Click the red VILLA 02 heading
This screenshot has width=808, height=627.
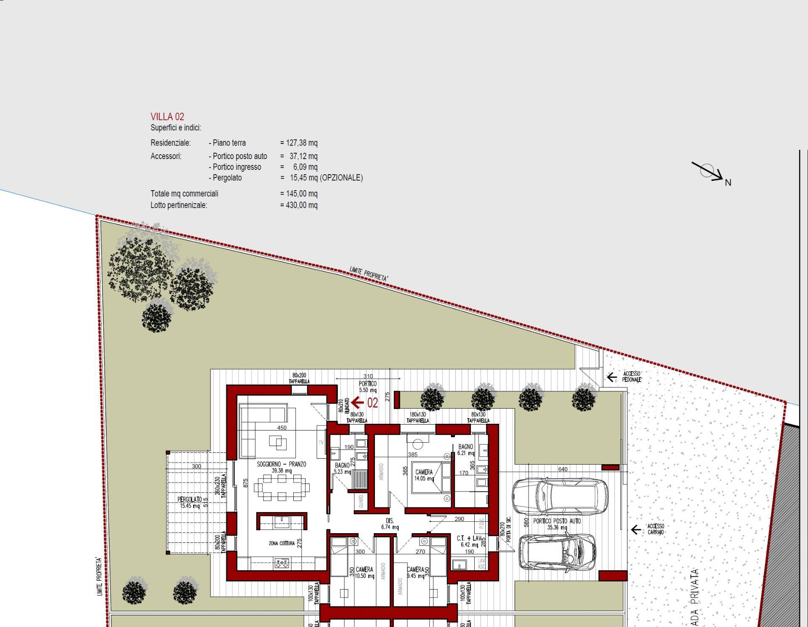point(167,117)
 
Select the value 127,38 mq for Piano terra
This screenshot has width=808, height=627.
point(301,143)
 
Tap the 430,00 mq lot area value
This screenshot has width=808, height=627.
point(301,205)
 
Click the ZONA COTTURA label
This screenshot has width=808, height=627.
point(282,543)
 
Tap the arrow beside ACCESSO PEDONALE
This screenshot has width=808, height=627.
point(611,377)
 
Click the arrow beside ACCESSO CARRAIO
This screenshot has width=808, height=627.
point(636,529)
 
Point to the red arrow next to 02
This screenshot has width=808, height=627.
point(357,403)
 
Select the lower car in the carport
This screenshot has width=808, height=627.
point(558,552)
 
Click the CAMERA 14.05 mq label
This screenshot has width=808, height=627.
point(424,475)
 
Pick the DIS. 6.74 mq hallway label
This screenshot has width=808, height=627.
point(390,524)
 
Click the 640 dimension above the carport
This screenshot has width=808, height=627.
point(563,469)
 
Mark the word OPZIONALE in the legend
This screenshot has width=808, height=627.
point(341,178)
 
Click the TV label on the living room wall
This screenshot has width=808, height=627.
point(321,443)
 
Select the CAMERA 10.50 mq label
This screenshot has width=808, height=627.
point(364,573)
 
